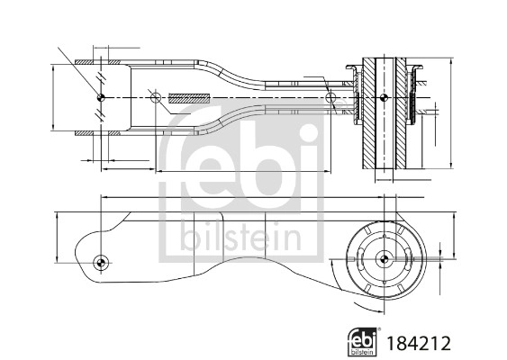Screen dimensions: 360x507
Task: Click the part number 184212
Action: [417, 342]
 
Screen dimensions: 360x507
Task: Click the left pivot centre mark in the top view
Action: [101, 96]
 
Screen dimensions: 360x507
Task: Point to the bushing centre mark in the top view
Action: [385, 96]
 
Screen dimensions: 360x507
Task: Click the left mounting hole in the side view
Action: [101, 263]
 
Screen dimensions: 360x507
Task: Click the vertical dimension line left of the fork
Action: [55, 96]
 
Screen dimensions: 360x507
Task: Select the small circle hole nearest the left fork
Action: [155, 96]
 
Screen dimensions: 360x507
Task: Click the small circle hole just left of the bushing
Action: [330, 96]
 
